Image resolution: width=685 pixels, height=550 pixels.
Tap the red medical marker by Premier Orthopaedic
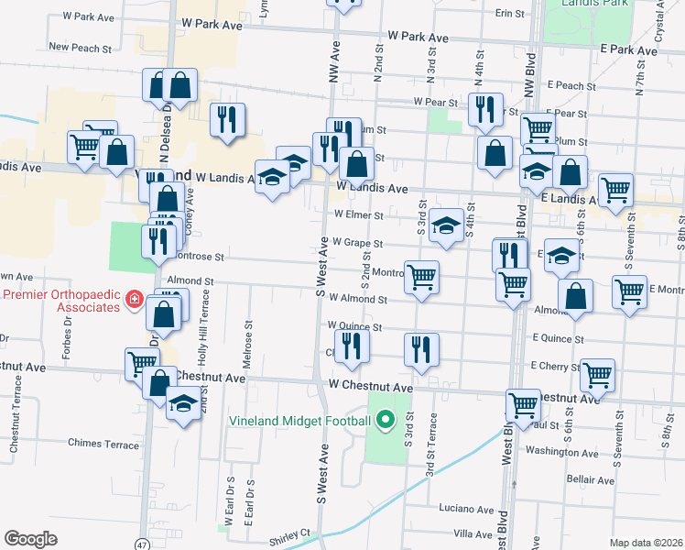[x=133, y=300]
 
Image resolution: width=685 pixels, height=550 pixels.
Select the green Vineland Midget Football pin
[x=386, y=421]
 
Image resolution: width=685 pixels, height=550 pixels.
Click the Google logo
[x=30, y=539]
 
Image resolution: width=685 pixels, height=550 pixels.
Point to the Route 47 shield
[x=140, y=544]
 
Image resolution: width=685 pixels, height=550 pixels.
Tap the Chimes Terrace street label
[x=103, y=443]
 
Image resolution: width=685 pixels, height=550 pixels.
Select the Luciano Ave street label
[x=466, y=509]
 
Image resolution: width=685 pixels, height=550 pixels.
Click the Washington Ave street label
[x=561, y=451]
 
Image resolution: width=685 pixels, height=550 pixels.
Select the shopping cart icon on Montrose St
[x=421, y=276]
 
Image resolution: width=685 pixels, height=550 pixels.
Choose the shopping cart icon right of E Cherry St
[x=597, y=373]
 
